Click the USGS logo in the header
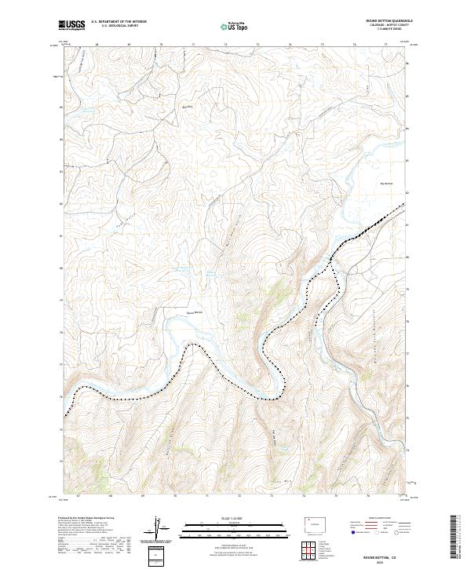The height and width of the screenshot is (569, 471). (x=72, y=26)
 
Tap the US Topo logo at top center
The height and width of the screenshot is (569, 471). (x=235, y=27)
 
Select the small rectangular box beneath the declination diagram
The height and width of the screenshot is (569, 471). (x=159, y=554)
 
